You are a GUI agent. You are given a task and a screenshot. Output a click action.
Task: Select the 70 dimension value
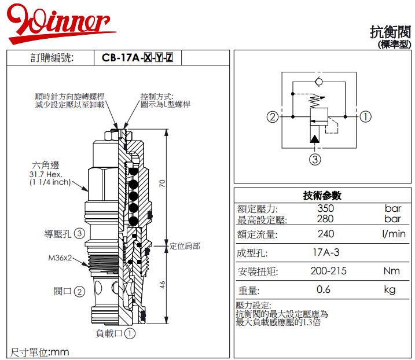coord(163,183)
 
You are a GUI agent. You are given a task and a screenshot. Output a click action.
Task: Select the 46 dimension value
coord(163,284)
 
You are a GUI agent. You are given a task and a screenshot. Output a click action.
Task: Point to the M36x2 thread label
coord(60,258)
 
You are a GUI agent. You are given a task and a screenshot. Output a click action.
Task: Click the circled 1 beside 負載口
coord(130,333)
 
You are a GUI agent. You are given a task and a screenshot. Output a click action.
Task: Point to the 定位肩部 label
coord(185,246)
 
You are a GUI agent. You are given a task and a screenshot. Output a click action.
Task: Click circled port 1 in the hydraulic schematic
coord(366,117)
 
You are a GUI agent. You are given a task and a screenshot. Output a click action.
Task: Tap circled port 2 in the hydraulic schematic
coord(273,117)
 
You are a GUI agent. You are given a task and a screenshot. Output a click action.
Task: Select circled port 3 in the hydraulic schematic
coord(315,160)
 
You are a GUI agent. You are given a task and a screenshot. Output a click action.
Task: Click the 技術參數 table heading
coord(322,196)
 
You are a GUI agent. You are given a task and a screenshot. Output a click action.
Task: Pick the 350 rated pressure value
coord(326,208)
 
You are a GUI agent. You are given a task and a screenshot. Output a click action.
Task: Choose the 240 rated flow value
coord(326,234)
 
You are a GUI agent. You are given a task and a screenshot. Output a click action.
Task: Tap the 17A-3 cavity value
coord(326,253)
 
